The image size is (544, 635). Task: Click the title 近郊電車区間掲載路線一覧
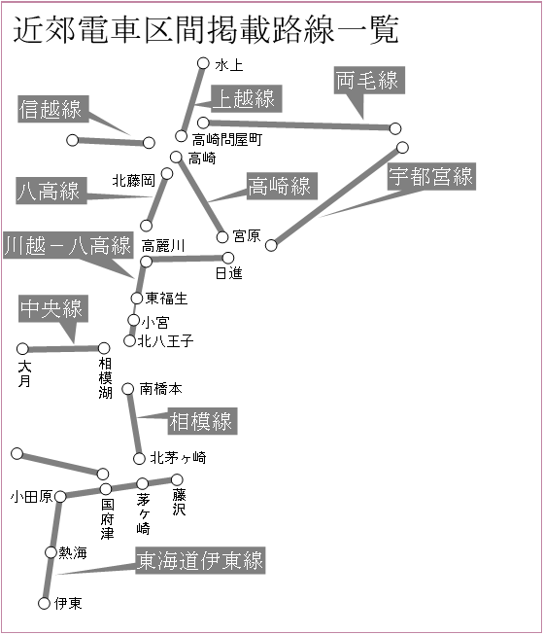[206, 29]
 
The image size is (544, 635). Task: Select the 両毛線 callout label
[369, 80]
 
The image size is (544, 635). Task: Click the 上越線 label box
[247, 98]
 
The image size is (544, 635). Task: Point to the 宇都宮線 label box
[431, 177]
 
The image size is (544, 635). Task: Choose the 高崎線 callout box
[282, 186]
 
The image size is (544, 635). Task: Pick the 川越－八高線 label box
[68, 245]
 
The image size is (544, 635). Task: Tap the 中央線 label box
[53, 308]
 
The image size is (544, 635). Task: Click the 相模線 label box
[203, 421]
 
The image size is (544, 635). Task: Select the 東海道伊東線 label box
[200, 560]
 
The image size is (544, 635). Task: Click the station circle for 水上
[203, 63]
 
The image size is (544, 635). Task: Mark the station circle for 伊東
[44, 604]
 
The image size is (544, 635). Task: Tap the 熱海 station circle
[51, 552]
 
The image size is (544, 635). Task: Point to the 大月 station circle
[22, 349]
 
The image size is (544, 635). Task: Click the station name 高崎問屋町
[227, 140]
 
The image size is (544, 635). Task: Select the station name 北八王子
[165, 341]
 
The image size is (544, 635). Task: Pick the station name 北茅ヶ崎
[178, 458]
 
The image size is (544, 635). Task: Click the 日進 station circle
[228, 258]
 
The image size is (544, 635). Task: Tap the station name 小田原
[31, 497]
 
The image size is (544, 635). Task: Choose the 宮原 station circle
[222, 237]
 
